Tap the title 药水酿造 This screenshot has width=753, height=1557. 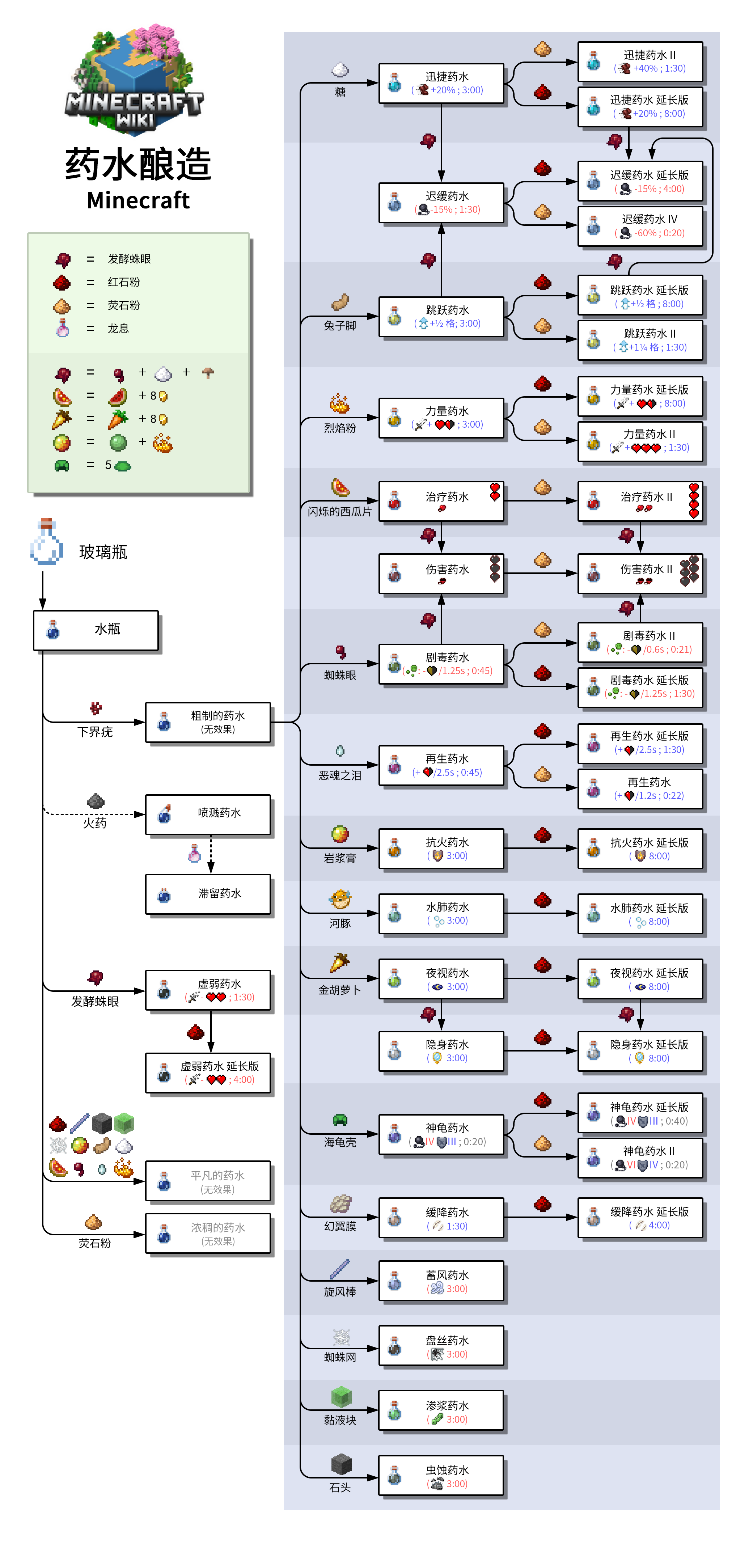pyautogui.click(x=138, y=164)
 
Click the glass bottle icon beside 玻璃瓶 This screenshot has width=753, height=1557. pyautogui.click(x=47, y=542)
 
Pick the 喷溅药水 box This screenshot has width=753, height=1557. pyautogui.click(x=208, y=813)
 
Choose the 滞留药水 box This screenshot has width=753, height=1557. pyautogui.click(x=208, y=894)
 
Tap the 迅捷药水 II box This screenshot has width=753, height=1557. pyautogui.click(x=640, y=62)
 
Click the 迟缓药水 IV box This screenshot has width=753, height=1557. pyautogui.click(x=640, y=226)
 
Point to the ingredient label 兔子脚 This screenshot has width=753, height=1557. pyautogui.click(x=340, y=326)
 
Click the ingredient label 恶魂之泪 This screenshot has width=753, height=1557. pyautogui.click(x=340, y=775)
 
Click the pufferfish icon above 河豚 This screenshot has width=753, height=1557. pyautogui.click(x=340, y=900)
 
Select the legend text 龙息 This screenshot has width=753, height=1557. pyautogui.click(x=118, y=328)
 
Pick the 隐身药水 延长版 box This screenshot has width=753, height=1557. pyautogui.click(x=640, y=1051)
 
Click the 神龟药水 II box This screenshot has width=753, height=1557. pyautogui.click(x=640, y=1158)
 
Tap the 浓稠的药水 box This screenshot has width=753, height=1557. pyautogui.click(x=208, y=1233)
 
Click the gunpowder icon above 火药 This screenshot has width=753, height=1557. pyautogui.click(x=96, y=801)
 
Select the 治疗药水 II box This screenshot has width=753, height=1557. pyautogui.click(x=640, y=502)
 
